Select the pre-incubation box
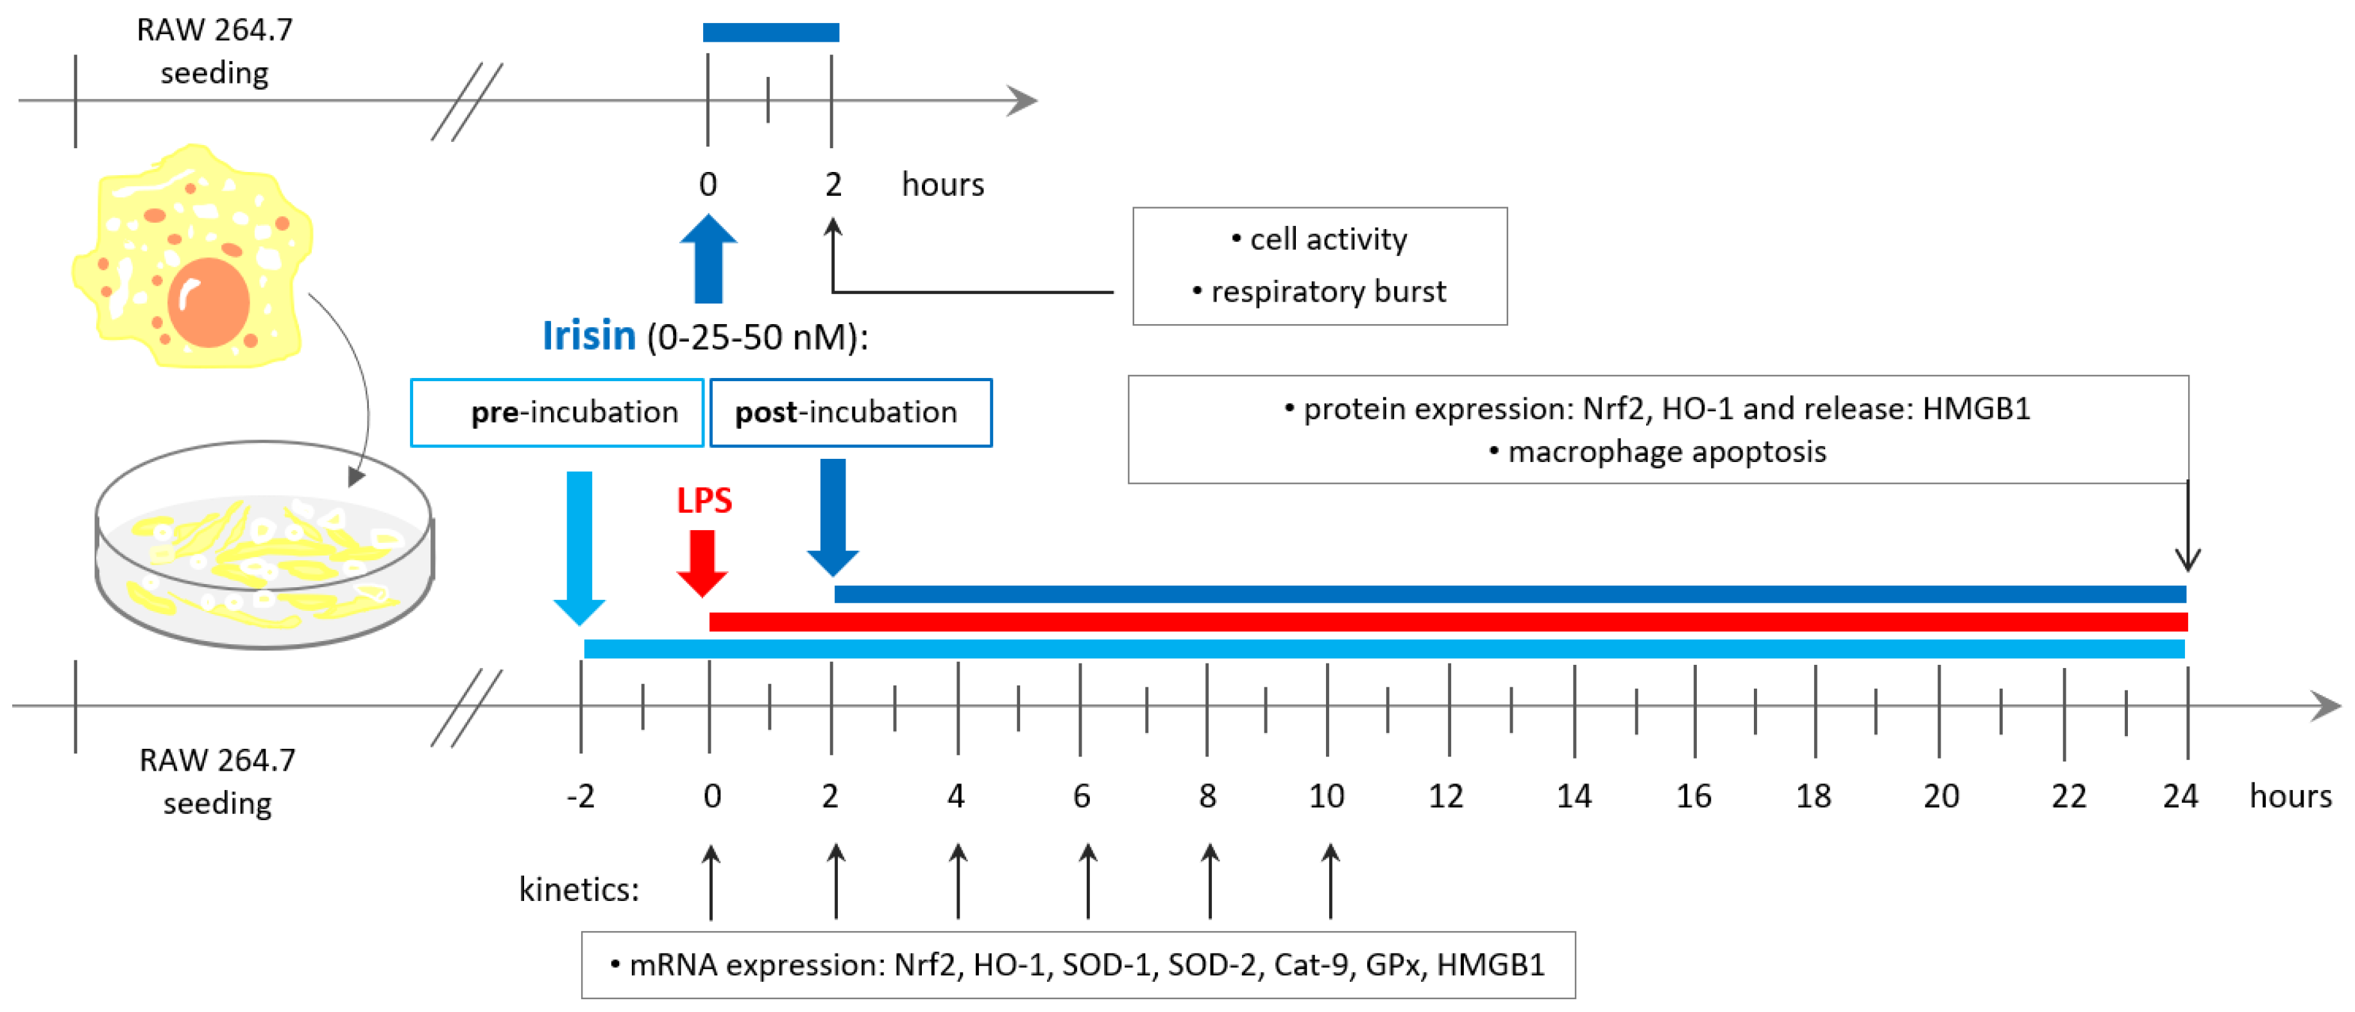[x=557, y=412]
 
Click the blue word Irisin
[x=589, y=336]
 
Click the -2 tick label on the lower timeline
[x=581, y=796]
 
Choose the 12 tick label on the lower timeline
[x=1445, y=796]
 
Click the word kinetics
[x=578, y=889]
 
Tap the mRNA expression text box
[x=1078, y=965]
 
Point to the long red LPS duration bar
[x=1448, y=622]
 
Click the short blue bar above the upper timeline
[x=770, y=33]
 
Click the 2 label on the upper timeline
[x=833, y=185]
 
